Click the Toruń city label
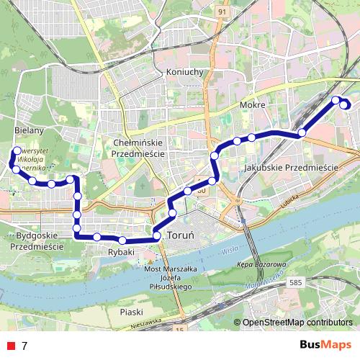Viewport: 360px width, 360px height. (x=179, y=235)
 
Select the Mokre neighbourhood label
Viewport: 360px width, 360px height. (x=253, y=105)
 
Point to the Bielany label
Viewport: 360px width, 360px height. (x=30, y=131)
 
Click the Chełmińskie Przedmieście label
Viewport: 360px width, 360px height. (x=139, y=148)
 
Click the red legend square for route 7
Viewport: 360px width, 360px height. (x=11, y=346)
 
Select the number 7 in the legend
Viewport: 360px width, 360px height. (x=24, y=346)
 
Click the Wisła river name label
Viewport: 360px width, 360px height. (x=230, y=249)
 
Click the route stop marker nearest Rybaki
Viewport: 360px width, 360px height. (x=122, y=240)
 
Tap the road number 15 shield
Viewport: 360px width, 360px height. (x=180, y=328)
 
